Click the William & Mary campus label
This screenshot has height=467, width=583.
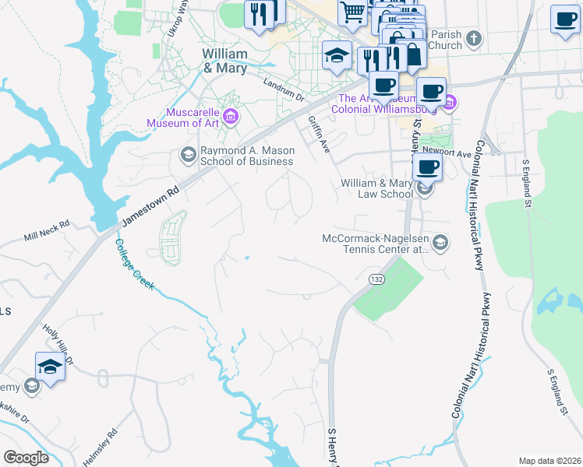coord(224,61)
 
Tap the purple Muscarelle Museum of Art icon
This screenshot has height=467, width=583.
coord(230,118)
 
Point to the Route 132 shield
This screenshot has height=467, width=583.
coord(376,279)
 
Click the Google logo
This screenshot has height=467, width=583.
coord(26,458)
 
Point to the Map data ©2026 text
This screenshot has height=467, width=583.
coord(549,461)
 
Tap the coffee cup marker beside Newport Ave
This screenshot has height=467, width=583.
coord(427,167)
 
